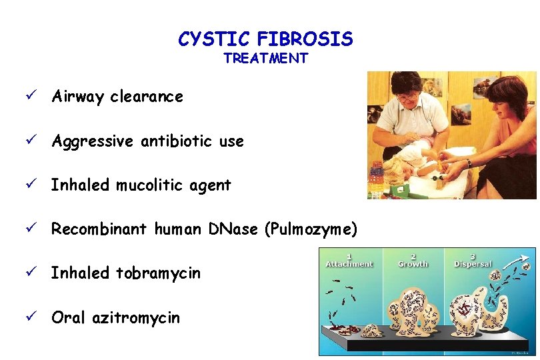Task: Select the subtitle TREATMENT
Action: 265,59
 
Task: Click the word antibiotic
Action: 171,141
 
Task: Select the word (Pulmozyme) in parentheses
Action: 311,230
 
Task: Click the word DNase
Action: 236,229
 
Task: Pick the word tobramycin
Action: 158,273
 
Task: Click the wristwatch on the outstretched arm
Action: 469,163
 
